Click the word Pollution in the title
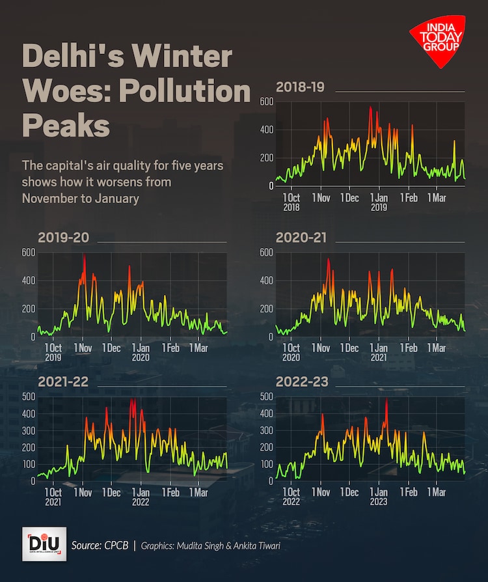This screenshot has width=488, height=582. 193,91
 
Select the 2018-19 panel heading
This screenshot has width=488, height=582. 300,87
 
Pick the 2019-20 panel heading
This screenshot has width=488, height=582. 63,238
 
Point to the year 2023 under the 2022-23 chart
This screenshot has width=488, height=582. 378,502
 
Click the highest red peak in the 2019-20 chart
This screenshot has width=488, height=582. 84,256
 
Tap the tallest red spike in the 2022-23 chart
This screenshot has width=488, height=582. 386,399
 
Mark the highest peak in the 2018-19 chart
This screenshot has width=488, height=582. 370,107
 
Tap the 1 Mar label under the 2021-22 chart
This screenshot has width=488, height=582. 200,493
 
